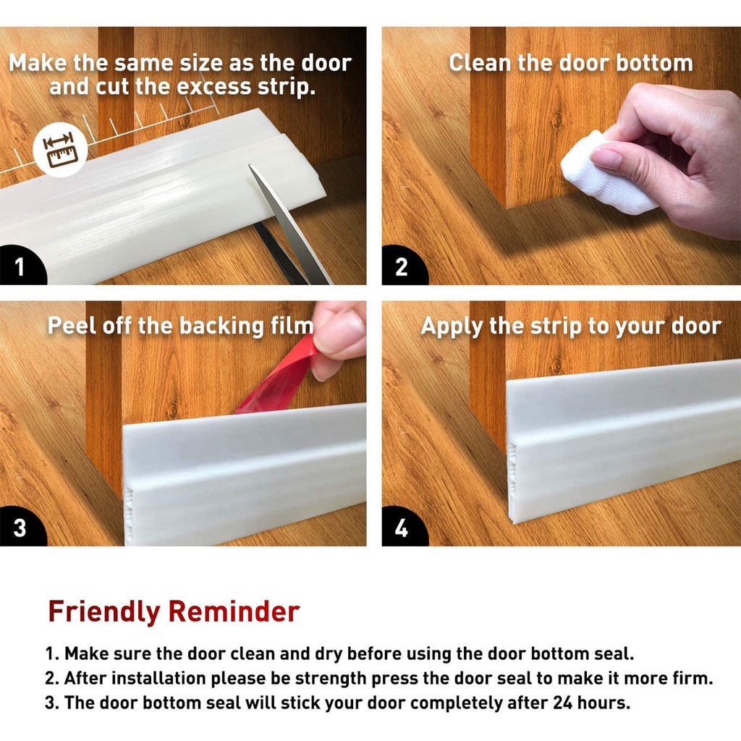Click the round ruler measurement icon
tap(60, 150)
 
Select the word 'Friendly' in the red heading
tap(104, 611)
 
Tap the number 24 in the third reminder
tap(563, 703)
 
